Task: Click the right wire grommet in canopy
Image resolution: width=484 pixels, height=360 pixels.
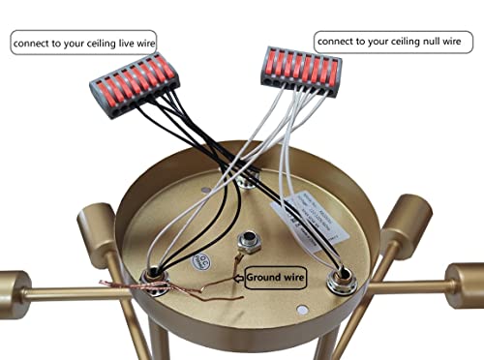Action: [341, 283]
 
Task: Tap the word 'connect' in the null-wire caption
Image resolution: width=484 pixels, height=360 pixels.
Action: [338, 43]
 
